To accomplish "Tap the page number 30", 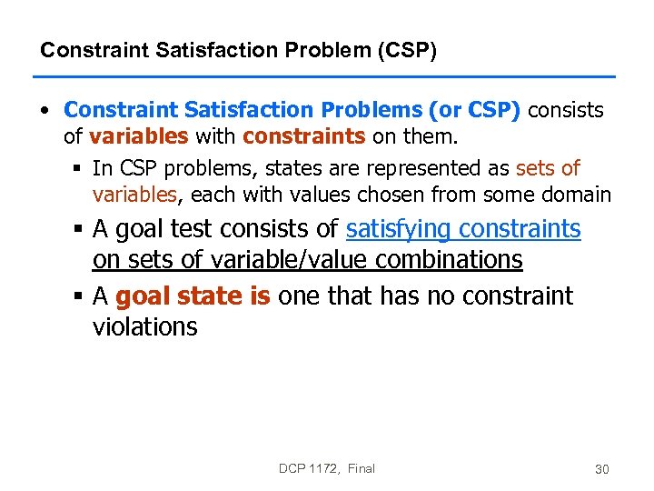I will click(x=601, y=469).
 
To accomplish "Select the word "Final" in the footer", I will click(x=361, y=468).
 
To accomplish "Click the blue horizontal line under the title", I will click(x=327, y=76).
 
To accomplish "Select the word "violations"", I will click(x=144, y=326).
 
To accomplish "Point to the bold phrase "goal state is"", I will click(x=193, y=296).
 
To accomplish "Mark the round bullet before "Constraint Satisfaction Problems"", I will click(x=45, y=111).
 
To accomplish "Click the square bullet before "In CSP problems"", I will click(x=79, y=169).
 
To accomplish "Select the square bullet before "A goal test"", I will click(x=79, y=230).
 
